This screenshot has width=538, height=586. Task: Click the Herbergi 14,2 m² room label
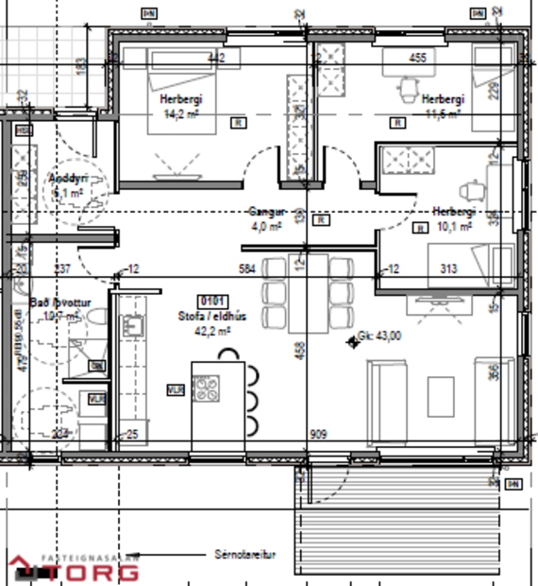pyautogui.click(x=174, y=105)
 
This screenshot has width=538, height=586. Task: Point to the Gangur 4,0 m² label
pyautogui.click(x=266, y=219)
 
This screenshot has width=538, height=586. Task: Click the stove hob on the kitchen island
pyautogui.click(x=207, y=388)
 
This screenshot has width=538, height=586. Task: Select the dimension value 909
pyautogui.click(x=320, y=435)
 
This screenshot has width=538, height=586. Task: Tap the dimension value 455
pyautogui.click(x=417, y=58)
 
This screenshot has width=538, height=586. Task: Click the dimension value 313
pyautogui.click(x=449, y=269)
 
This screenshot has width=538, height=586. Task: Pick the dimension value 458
pyautogui.click(x=299, y=350)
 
